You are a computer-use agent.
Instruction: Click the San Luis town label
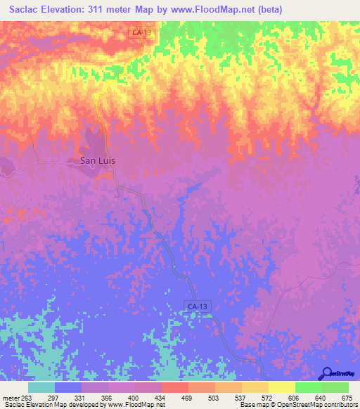click(96, 160)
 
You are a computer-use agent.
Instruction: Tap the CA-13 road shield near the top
click(141, 32)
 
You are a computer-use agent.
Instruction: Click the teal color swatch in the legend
click(41, 387)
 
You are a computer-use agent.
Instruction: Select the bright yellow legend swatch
click(281, 387)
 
